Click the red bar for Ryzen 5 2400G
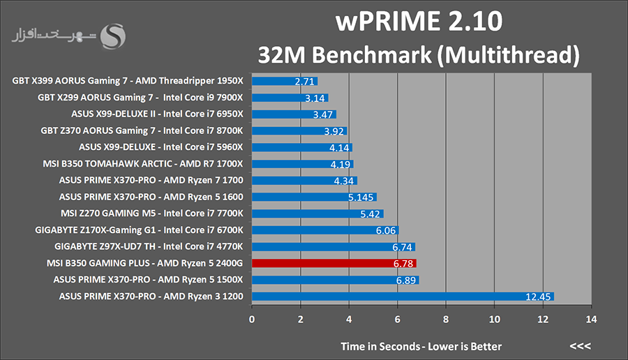click(334, 264)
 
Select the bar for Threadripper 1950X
click(285, 81)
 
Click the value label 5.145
click(360, 197)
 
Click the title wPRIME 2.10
click(419, 22)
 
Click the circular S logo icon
click(113, 35)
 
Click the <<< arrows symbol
click(580, 346)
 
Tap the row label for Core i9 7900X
click(140, 98)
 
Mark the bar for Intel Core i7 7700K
click(317, 213)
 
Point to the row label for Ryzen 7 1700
click(151, 181)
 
